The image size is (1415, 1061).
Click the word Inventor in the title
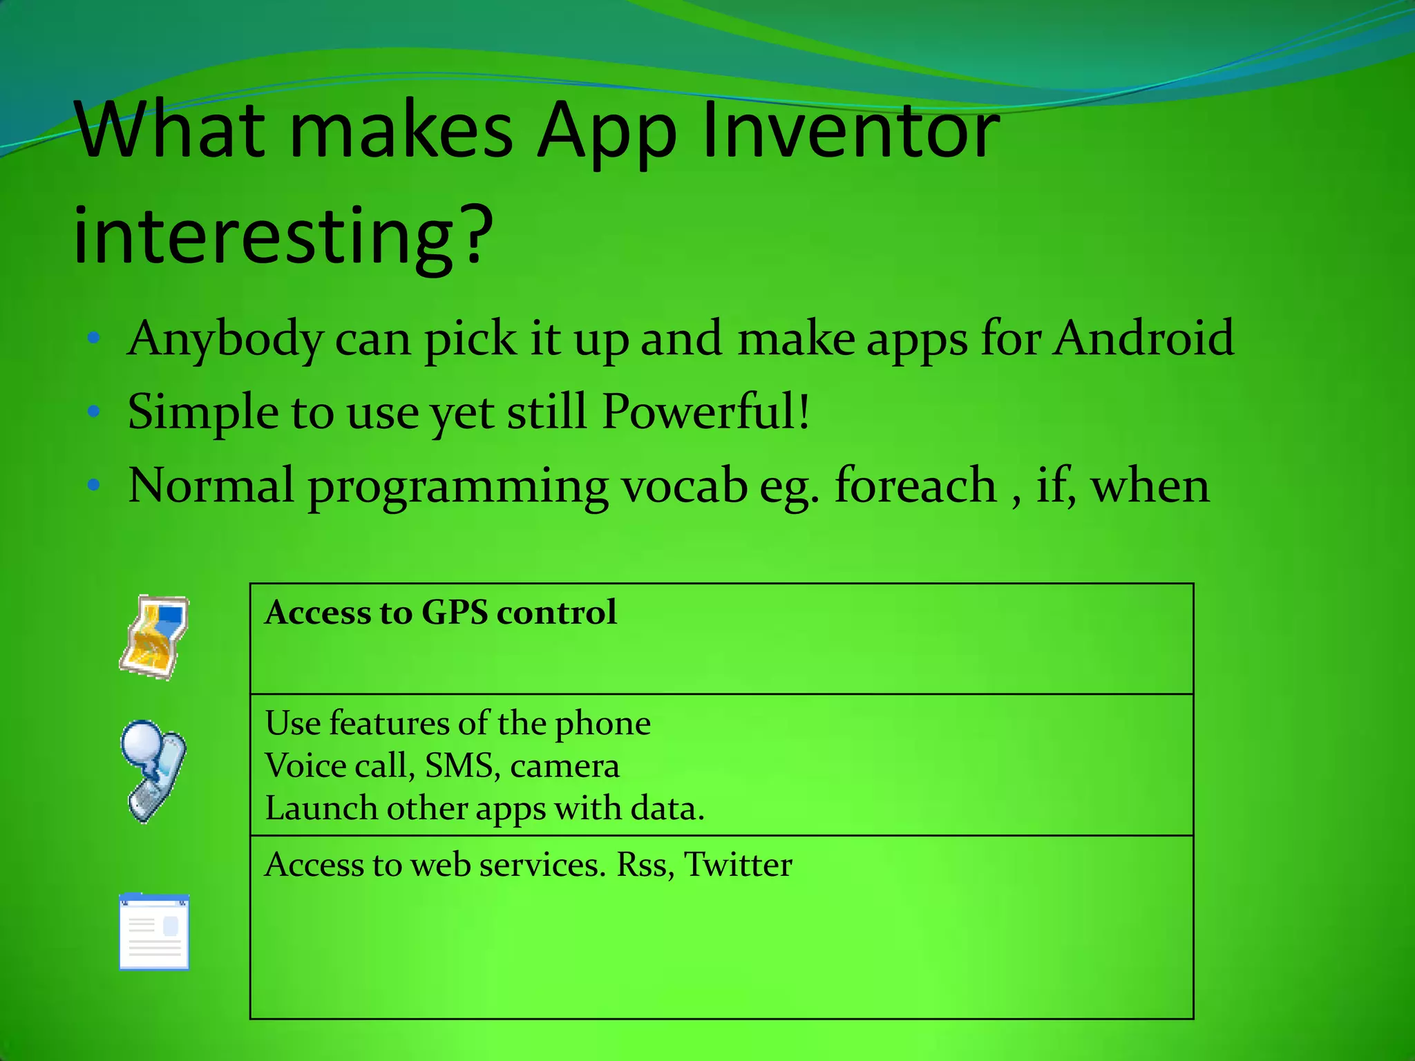(850, 131)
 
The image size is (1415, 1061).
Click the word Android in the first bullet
(1143, 338)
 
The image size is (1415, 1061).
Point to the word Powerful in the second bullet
(698, 412)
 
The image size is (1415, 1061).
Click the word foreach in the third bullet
(915, 485)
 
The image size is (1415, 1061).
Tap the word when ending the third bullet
(1150, 486)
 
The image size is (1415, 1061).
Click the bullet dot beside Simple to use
(95, 412)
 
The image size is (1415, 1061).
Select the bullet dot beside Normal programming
(95, 486)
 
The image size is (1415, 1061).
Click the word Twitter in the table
(738, 865)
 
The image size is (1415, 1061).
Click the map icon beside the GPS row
(154, 637)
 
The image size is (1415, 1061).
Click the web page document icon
(154, 932)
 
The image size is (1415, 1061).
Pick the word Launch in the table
(321, 808)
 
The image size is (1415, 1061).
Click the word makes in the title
(401, 131)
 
